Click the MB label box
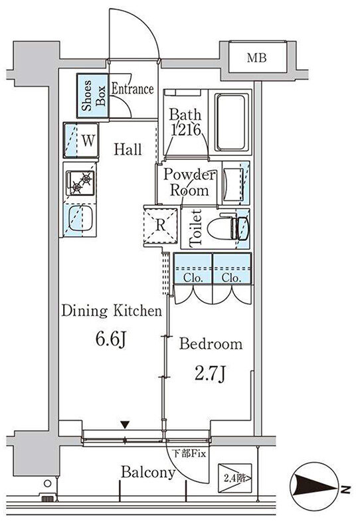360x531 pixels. click(258, 57)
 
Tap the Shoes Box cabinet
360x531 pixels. click(93, 96)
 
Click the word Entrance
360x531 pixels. click(133, 89)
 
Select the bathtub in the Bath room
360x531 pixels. click(231, 122)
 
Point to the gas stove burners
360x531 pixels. click(81, 183)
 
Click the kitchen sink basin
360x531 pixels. click(80, 219)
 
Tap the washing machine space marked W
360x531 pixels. click(81, 140)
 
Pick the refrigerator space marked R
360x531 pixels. click(161, 226)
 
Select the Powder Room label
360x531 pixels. click(189, 183)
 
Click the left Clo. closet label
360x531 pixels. click(193, 278)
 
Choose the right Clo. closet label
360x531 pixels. click(232, 278)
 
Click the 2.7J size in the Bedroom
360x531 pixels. click(210, 374)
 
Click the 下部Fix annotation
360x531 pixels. click(189, 454)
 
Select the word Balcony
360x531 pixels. click(148, 472)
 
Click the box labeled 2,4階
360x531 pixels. click(234, 478)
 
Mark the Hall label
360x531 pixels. click(128, 149)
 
